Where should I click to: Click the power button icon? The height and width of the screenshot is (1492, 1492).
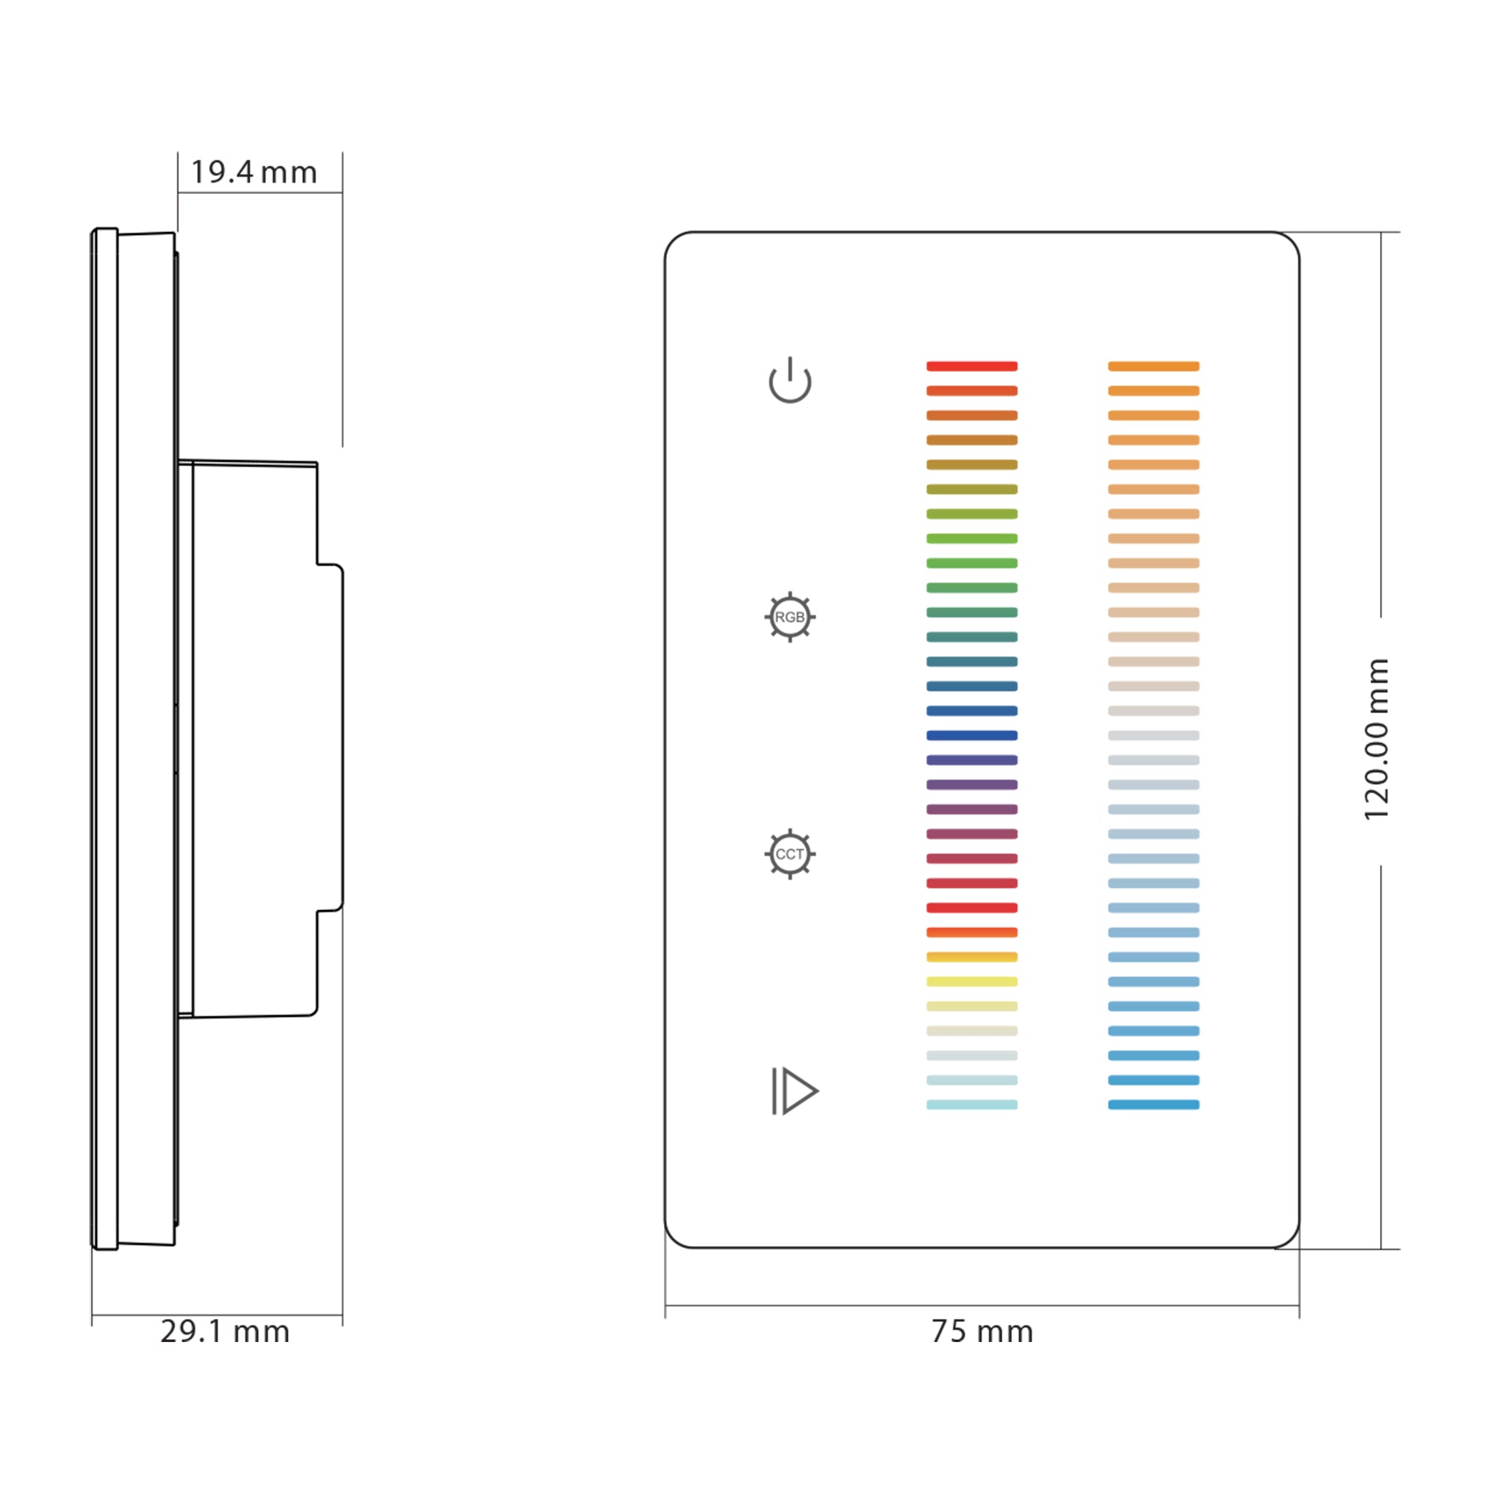(789, 380)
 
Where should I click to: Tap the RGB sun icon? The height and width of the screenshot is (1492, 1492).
(789, 617)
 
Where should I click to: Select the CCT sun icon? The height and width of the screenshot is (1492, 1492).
(789, 854)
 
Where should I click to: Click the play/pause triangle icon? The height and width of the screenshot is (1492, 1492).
(794, 1091)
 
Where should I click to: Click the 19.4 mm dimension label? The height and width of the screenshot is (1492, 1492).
(254, 172)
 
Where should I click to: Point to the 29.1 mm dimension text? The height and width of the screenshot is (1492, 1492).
(225, 1332)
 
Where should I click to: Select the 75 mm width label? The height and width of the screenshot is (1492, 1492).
(982, 1332)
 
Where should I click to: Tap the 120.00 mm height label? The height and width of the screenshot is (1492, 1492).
(1377, 739)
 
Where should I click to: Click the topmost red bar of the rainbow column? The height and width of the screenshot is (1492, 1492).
(971, 366)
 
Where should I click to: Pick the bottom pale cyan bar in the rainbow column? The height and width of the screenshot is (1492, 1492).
(971, 1104)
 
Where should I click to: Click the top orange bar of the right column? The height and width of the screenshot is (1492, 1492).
(1153, 366)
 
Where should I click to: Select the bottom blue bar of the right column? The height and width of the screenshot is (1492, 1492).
(1153, 1104)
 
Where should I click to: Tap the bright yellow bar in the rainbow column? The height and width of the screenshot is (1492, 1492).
(971, 982)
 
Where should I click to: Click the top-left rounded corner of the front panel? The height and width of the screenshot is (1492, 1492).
(674, 240)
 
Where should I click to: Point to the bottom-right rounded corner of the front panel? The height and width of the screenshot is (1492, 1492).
(1291, 1238)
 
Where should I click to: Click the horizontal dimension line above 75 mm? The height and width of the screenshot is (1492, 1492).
(982, 1306)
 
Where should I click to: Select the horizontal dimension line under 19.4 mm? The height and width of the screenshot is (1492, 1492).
(260, 192)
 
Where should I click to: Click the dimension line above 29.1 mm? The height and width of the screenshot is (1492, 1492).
(217, 1314)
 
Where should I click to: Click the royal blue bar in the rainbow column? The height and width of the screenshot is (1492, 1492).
(971, 736)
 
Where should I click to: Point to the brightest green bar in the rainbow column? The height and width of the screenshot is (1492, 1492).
(971, 539)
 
